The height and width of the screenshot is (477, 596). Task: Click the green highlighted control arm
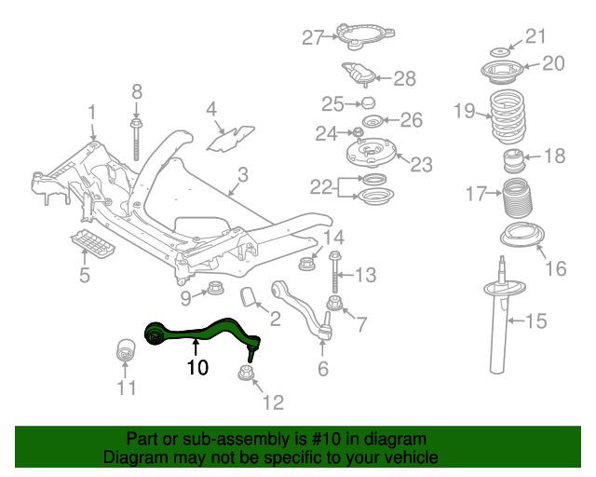200,331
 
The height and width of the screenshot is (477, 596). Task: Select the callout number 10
196,368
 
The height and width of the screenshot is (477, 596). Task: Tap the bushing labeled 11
126,349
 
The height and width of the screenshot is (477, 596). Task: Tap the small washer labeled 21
499,48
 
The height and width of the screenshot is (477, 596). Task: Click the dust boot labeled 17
510,198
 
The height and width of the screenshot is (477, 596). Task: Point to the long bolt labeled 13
333,272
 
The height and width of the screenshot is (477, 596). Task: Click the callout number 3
242,174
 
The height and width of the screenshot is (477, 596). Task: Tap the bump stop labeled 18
511,161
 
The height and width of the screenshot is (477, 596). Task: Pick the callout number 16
555,269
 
